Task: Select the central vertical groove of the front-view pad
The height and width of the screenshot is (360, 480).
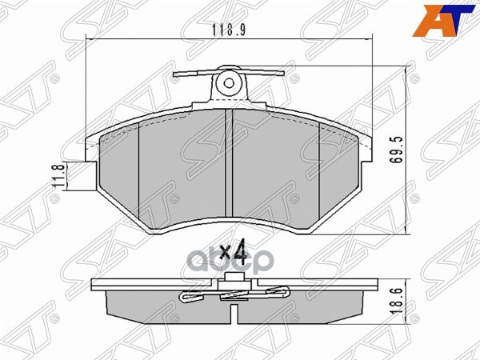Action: tap(230, 168)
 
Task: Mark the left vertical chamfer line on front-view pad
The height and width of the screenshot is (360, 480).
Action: tap(139, 176)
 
